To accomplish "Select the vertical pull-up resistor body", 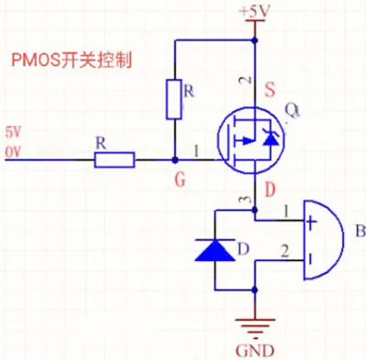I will [x=173, y=99].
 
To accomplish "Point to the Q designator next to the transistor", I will [x=292, y=111].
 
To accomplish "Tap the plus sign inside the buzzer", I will [x=311, y=220].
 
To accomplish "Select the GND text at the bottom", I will [x=253, y=348].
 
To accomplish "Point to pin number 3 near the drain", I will [x=242, y=201].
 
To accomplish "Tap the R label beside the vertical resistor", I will [x=189, y=91].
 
